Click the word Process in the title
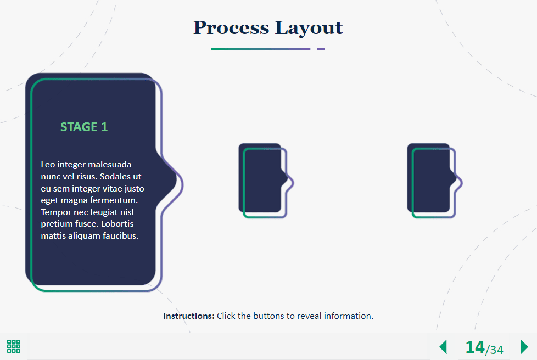click(231, 28)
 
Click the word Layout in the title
click(309, 28)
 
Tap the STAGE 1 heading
click(84, 127)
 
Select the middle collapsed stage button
click(266, 181)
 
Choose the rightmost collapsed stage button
click(434, 181)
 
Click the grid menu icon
click(14, 346)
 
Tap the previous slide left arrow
click(443, 347)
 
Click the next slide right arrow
click(524, 347)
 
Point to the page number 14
click(475, 347)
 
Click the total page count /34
click(494, 350)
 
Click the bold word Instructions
click(189, 316)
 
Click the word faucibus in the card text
click(121, 236)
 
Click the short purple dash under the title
click(321, 49)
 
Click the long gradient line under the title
click(261, 49)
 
